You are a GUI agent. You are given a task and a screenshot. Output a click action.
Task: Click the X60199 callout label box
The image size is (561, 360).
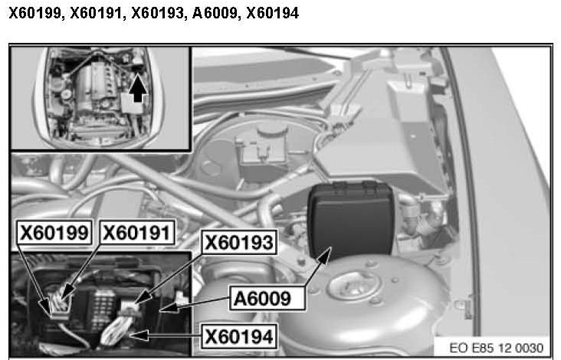tap(54, 232)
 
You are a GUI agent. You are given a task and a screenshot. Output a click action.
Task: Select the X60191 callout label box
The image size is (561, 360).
tap(137, 232)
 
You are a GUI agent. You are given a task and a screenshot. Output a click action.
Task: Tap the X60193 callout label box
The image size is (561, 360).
tap(239, 242)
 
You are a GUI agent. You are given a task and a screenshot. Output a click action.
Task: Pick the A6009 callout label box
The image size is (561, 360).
tap(267, 298)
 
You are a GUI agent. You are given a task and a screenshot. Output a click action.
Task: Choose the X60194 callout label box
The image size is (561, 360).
tap(239, 336)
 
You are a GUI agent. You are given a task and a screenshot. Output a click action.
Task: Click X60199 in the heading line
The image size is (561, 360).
tap(34, 13)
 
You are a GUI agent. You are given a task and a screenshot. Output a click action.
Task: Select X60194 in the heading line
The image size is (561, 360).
tap(273, 13)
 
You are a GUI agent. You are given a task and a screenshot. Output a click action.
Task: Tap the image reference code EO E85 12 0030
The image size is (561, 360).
tap(496, 348)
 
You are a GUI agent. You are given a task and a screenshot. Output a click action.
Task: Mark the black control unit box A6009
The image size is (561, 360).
tap(351, 219)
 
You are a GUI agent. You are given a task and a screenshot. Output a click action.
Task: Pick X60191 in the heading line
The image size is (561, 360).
tap(96, 13)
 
